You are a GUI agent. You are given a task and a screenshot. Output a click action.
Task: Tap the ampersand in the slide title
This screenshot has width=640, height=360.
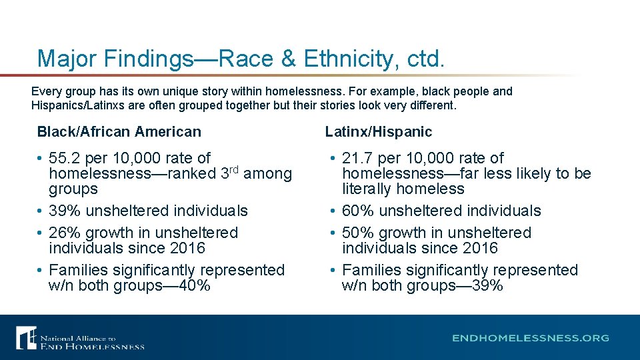pyautogui.click(x=288, y=59)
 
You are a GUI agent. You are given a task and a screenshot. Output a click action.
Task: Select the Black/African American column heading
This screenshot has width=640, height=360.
pyautogui.click(x=119, y=132)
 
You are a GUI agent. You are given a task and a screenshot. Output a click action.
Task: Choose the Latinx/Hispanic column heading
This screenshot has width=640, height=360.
pyautogui.click(x=379, y=132)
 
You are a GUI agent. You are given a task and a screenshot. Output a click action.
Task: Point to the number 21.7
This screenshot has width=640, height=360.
pyautogui.click(x=357, y=158)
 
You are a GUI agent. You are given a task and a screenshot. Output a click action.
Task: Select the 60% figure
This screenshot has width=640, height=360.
pyautogui.click(x=357, y=211)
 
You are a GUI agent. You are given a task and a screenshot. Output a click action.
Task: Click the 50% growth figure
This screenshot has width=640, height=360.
pyautogui.click(x=357, y=233)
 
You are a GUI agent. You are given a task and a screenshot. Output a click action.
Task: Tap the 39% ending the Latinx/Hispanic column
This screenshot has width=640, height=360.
pyautogui.click(x=489, y=286)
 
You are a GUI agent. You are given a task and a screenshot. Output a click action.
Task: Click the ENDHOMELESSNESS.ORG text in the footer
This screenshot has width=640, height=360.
pyautogui.click(x=531, y=338)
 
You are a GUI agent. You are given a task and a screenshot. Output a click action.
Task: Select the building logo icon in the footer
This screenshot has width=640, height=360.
pyautogui.click(x=27, y=337)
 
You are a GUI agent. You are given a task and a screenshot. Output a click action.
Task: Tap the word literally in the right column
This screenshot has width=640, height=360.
pyautogui.click(x=365, y=189)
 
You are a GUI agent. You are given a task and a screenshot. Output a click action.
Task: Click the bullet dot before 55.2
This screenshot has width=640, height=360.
pyautogui.click(x=41, y=159)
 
